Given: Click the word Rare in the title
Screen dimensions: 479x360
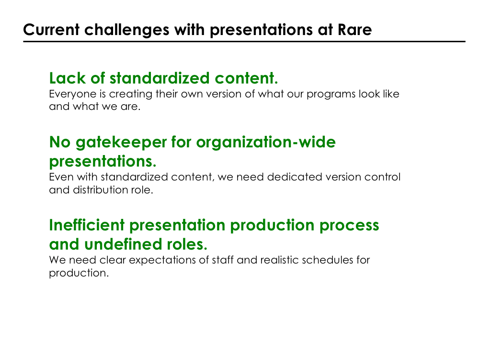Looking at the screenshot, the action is click(354, 30).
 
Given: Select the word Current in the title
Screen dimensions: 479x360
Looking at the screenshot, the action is click(51, 30).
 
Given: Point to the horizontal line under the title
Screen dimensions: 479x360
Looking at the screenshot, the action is click(244, 41).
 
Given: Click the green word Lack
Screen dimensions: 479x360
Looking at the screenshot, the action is click(67, 78).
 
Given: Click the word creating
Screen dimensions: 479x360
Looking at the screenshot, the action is click(130, 95).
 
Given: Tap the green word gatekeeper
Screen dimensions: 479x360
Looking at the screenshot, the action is click(121, 143).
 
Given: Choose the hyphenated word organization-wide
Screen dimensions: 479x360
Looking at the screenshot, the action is click(266, 143).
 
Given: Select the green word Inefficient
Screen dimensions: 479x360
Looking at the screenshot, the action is click(87, 225).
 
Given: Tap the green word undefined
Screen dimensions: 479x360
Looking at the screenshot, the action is click(123, 244).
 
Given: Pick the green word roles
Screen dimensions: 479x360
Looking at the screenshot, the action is click(187, 244).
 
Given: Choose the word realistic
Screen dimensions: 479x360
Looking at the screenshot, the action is click(280, 260).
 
